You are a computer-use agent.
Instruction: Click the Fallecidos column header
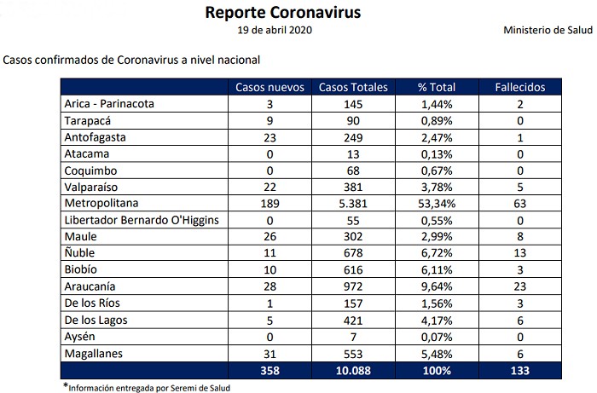coord(520,87)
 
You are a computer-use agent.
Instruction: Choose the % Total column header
coord(437,87)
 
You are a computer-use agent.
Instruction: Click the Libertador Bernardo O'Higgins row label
coord(142,220)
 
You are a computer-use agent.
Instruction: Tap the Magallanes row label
coord(94,353)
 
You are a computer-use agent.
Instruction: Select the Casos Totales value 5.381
coord(353,204)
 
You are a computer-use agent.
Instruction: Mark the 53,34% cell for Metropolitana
coord(437,204)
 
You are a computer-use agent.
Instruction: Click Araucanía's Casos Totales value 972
coord(353,286)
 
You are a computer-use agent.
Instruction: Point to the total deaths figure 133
coord(520,370)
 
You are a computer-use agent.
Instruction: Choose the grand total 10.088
coord(353,370)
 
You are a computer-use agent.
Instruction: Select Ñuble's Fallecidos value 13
coord(520,253)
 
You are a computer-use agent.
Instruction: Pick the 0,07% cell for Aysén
coord(437,337)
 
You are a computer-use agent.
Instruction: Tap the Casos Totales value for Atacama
coord(353,153)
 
